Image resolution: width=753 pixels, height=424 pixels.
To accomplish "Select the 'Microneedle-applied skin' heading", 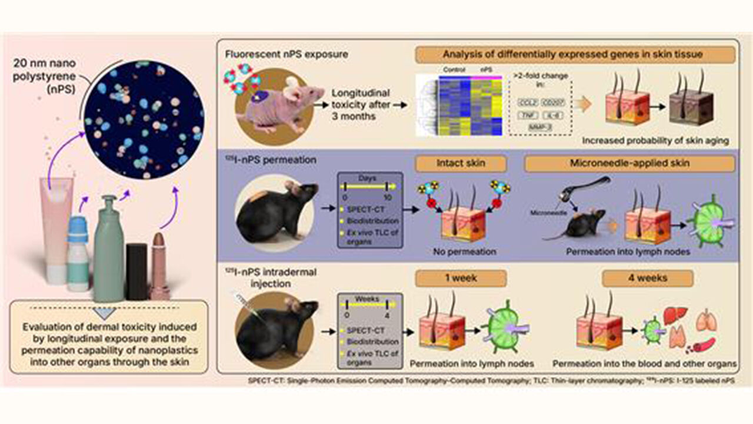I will pos(629,163).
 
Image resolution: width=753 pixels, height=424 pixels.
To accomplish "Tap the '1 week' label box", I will pos(461,277).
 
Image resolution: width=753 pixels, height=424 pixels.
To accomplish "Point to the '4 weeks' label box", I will pos(651,277).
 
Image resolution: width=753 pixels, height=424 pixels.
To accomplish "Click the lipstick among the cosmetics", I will pos(159,265).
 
